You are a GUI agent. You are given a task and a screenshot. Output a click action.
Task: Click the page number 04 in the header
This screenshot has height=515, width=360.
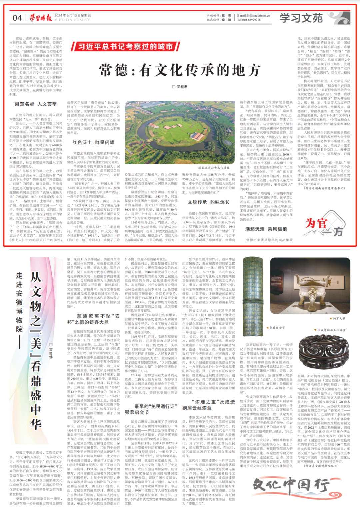[17, 18]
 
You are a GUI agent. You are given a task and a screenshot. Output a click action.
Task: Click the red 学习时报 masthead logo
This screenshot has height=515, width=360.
[40, 18]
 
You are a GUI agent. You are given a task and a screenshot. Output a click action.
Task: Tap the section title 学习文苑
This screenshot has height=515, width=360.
[301, 18]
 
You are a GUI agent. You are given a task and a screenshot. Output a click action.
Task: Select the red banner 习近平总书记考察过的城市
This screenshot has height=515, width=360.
[125, 46]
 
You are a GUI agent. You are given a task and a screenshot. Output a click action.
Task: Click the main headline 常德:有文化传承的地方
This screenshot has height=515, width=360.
[180, 70]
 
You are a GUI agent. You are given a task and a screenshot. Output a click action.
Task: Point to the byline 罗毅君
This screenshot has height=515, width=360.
[180, 87]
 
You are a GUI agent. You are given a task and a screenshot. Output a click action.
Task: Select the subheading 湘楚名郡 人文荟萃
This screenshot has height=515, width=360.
[36, 104]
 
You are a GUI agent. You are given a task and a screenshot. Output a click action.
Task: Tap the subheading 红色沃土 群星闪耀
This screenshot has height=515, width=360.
[93, 142]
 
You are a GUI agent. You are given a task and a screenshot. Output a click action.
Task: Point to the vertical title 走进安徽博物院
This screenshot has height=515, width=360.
[19, 302]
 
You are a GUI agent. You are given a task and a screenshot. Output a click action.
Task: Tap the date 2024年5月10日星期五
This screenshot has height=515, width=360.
[73, 15]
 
